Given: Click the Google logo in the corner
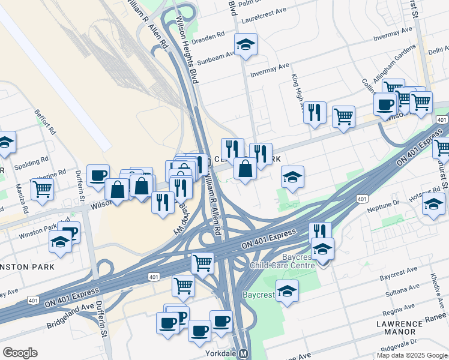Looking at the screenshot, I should click(20, 353).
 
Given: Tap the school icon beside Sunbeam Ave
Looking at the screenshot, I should click(245, 45).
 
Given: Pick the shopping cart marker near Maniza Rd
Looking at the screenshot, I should click(42, 188).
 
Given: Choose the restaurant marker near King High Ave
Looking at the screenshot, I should click(315, 112).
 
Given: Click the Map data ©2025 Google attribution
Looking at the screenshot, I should click(412, 355).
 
